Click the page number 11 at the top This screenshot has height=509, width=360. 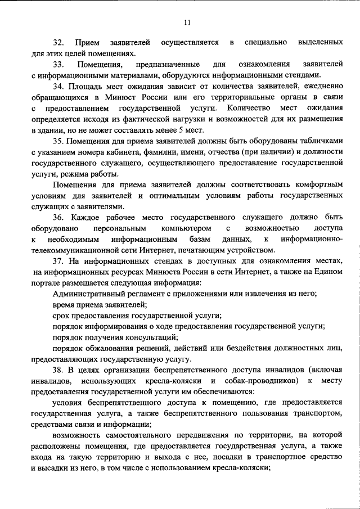click(187, 22)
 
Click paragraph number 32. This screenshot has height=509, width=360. click(58, 43)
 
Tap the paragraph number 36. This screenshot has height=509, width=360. click(58, 218)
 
